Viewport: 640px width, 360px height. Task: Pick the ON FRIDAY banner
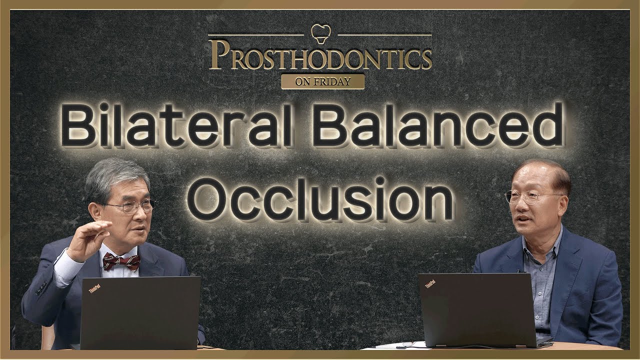pos(322,81)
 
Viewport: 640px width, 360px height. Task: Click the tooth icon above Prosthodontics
pos(320,32)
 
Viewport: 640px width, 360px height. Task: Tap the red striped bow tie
pos(121,261)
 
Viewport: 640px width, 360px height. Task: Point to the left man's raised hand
pos(90,240)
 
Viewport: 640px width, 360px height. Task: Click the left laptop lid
pos(140,312)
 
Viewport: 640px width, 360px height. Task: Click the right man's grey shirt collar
pos(542,246)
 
